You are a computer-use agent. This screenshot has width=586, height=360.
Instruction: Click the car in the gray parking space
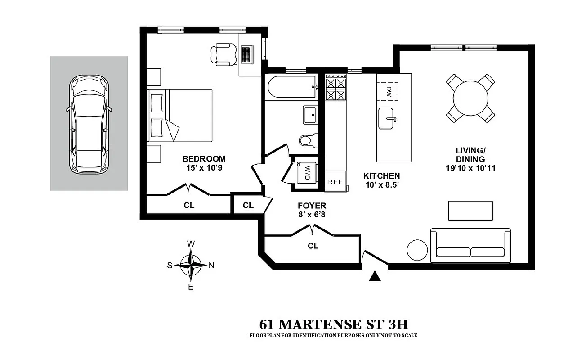(89, 123)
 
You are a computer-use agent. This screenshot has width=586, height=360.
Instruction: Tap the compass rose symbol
(191, 265)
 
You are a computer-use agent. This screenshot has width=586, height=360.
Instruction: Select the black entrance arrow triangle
(375, 276)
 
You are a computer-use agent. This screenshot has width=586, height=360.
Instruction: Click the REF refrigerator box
(335, 182)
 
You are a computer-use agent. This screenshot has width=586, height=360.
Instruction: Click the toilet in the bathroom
(308, 140)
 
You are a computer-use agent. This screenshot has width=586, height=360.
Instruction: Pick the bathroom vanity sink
(311, 115)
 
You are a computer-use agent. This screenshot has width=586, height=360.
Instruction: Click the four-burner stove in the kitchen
(336, 89)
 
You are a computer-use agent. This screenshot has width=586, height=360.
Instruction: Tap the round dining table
(470, 99)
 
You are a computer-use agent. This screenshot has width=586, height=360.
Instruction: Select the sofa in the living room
(470, 246)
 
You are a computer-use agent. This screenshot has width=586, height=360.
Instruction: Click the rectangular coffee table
(470, 211)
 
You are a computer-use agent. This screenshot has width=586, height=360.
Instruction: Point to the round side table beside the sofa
(418, 250)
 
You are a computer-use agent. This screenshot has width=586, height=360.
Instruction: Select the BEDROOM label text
(204, 159)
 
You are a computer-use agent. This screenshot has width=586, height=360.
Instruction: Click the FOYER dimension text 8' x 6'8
(312, 215)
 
